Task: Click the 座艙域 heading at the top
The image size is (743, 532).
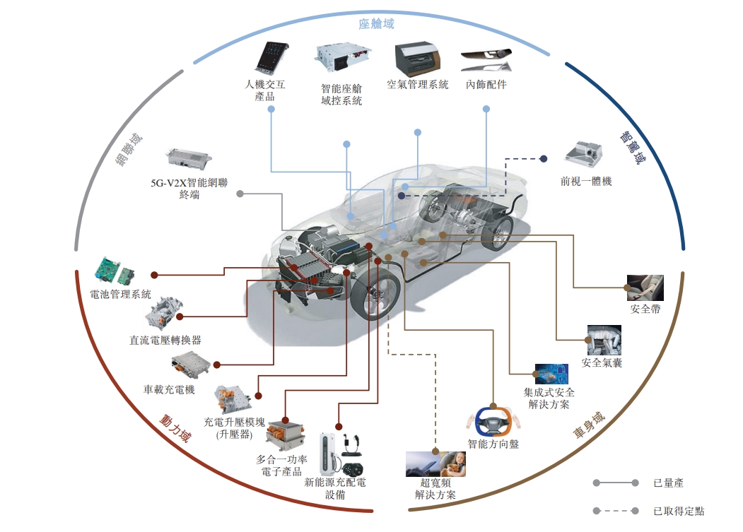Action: point(376,24)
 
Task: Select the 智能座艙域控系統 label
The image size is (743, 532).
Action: point(341,95)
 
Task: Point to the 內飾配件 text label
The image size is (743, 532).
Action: point(486,85)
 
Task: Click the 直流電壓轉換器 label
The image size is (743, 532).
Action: point(165,340)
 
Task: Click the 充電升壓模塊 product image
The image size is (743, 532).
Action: point(234,399)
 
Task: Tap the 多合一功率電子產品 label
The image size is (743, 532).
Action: point(281,465)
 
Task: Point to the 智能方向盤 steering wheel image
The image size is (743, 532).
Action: point(493,421)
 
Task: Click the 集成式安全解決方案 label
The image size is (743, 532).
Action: point(549,398)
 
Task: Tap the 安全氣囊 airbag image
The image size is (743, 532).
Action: point(603,339)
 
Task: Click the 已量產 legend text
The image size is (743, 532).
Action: point(668,483)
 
